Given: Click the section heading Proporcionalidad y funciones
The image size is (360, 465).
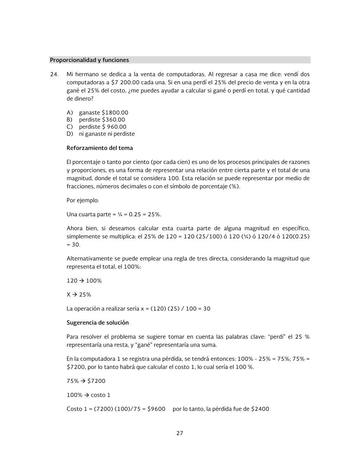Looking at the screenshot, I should point(89,60).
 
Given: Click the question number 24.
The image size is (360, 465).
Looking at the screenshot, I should point(54,74).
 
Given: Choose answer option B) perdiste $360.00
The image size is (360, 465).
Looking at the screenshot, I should point(102,120).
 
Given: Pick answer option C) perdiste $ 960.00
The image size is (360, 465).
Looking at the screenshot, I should point(103,127).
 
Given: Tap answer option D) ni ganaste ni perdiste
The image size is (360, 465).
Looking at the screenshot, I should point(107,134).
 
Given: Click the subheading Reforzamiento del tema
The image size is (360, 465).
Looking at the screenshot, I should point(100,148).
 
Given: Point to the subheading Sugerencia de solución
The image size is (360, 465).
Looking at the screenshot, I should point(97,323).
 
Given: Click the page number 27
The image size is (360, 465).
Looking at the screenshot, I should point(180,433).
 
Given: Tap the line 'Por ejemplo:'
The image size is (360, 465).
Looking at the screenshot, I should point(83,200).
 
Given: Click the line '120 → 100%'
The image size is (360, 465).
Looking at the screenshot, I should point(84,281).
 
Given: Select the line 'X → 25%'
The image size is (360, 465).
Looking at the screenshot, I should point(79,295).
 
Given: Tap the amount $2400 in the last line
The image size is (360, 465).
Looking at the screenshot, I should point(260,409).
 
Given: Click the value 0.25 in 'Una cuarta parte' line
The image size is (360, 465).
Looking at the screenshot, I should point(135,214).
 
